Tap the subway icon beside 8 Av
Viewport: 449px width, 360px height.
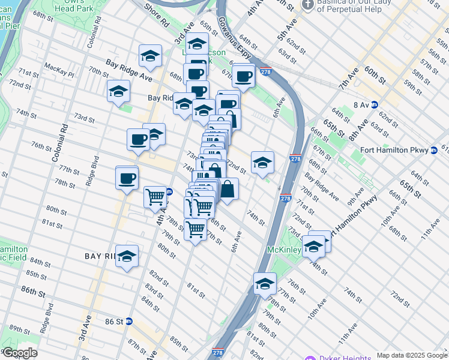click(375, 104)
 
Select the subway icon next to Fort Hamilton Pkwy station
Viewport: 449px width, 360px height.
click(433, 150)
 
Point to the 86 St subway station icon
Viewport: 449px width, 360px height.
click(128, 322)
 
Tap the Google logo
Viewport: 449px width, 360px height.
click(19, 353)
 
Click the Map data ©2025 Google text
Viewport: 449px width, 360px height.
click(412, 355)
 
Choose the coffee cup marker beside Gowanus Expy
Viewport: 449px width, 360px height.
click(244, 76)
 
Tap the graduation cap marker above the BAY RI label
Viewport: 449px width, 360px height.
click(127, 256)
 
